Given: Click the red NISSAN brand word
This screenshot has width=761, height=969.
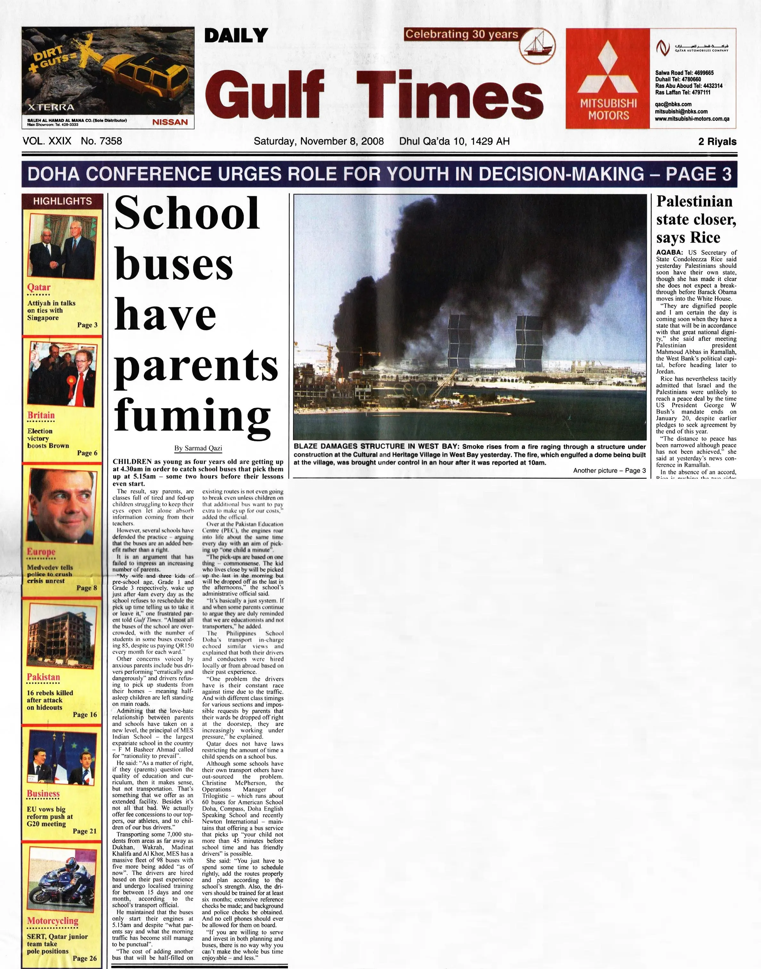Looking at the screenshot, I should tap(170, 122).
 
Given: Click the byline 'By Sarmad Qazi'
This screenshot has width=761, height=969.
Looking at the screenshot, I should tap(198, 448).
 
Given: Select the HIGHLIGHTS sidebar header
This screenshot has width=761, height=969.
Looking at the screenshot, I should tap(62, 201).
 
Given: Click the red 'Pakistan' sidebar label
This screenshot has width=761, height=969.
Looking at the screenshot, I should tap(43, 677).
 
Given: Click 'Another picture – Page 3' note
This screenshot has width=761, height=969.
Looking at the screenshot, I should tap(609, 470).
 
